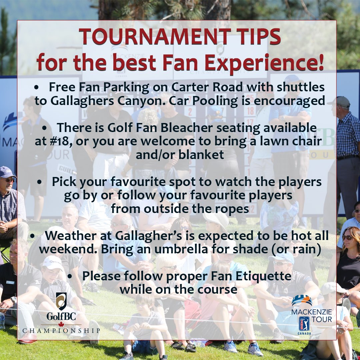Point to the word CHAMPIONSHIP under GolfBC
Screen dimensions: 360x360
coord(61,330)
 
